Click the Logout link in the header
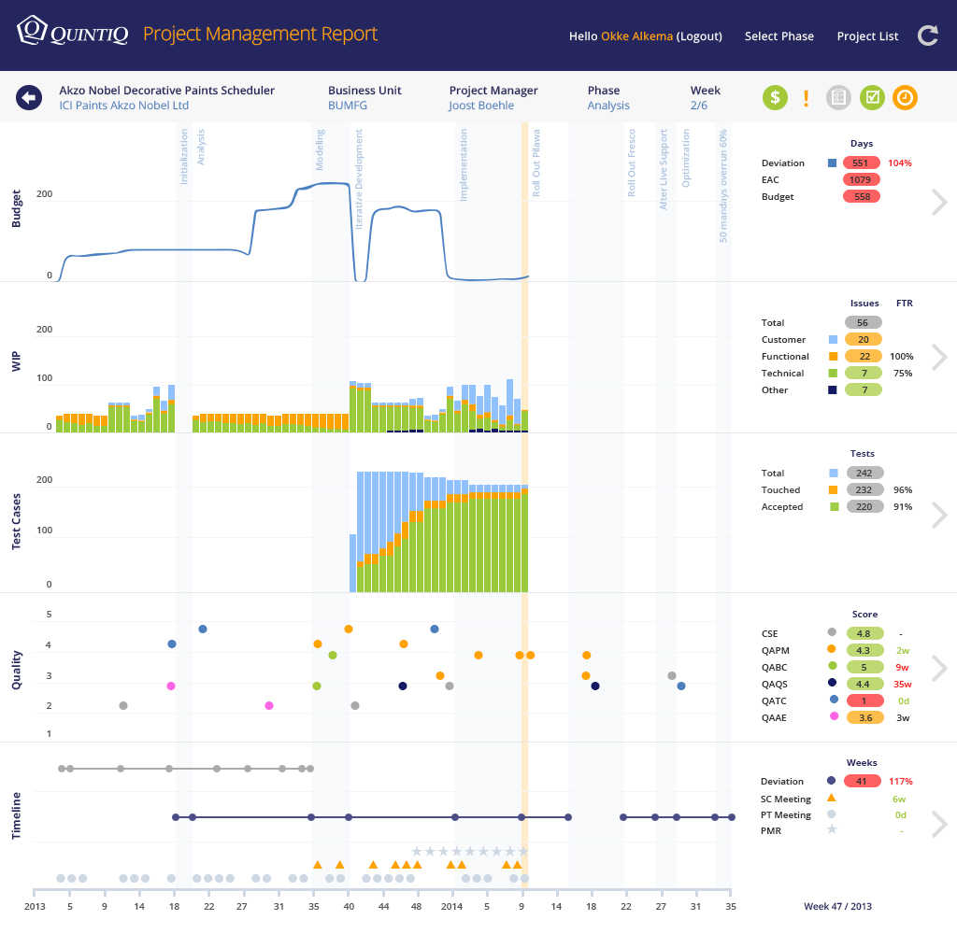pos(699,36)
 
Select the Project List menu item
pos(867,36)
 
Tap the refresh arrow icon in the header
pos(927,35)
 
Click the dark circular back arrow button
pos(29,97)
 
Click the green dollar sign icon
pos(775,97)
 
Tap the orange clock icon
pos(905,97)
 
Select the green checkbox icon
pos(872,97)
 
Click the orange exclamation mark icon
pos(807,97)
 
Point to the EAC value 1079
pos(861,179)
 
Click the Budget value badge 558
pos(861,197)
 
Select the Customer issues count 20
pos(863,340)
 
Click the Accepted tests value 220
pos(864,507)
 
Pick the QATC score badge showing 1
pos(864,700)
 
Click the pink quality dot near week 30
pos(269,705)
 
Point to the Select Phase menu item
pos(778,36)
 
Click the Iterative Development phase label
pos(360,179)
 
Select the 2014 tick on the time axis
pos(451,907)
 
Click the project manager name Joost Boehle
pos(481,106)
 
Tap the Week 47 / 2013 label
pos(838,907)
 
